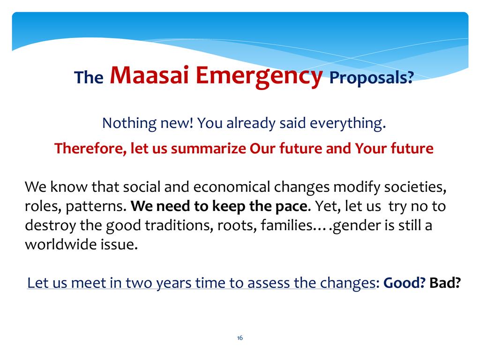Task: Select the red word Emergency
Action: pyautogui.click(x=259, y=76)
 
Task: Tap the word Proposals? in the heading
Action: pyautogui.click(x=372, y=78)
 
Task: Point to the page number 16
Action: pyautogui.click(x=240, y=337)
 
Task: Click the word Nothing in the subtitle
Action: pyautogui.click(x=129, y=124)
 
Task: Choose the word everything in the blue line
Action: pyautogui.click(x=348, y=124)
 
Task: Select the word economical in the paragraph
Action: pyautogui.click(x=232, y=187)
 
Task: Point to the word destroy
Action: pyautogui.click(x=50, y=225)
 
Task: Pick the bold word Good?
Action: pyautogui.click(x=404, y=283)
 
